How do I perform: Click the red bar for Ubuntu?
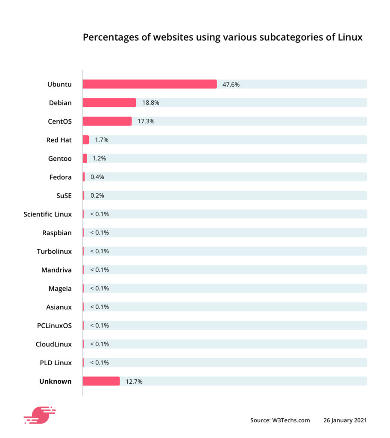point(150,84)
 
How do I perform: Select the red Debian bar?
point(109,103)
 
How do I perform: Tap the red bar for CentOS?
point(107,121)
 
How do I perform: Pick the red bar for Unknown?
point(101,381)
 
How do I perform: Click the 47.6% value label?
point(231,84)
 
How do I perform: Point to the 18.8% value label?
point(151,103)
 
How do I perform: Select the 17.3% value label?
point(146,121)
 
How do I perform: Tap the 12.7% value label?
point(134,381)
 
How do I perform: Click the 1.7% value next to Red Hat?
point(102,140)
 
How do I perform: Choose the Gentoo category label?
point(60,158)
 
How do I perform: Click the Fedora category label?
point(60,177)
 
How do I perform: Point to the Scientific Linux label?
point(48,214)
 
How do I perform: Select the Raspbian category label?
point(57,233)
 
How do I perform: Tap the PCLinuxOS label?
point(54,326)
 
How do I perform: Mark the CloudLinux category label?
point(54,344)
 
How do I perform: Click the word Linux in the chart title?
point(350,37)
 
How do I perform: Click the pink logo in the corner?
point(39,415)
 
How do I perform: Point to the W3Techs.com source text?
point(291,420)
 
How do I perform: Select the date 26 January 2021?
point(345,420)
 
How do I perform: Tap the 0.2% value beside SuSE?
point(97,195)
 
